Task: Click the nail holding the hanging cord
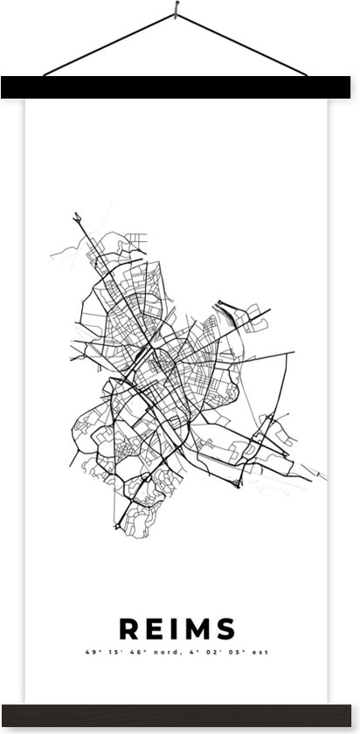(178, 10)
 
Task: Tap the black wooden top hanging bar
(180, 86)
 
